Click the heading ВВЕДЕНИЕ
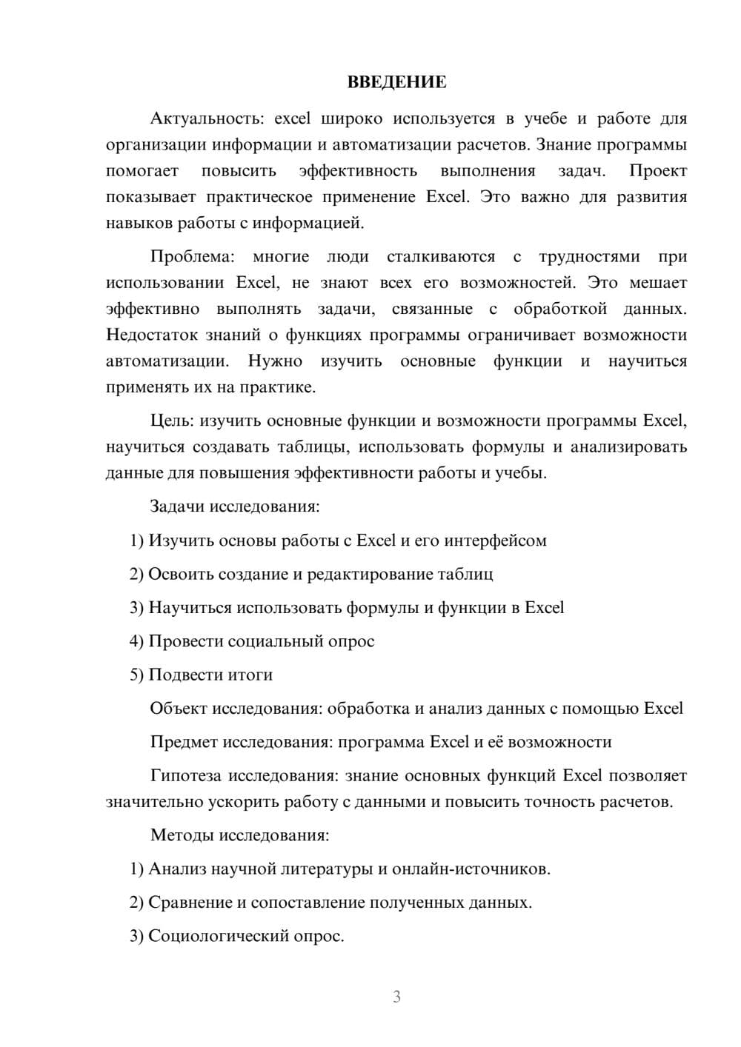(x=396, y=82)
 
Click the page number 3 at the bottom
(x=396, y=997)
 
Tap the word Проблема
(x=192, y=257)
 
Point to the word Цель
(x=171, y=421)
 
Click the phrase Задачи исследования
(x=235, y=506)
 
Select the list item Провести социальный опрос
(x=262, y=641)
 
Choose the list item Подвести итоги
(x=210, y=675)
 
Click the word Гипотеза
(x=185, y=776)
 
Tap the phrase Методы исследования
(x=239, y=835)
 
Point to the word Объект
(x=178, y=709)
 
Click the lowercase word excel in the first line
(x=296, y=118)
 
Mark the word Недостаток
(x=152, y=335)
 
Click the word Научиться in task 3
(x=190, y=608)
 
